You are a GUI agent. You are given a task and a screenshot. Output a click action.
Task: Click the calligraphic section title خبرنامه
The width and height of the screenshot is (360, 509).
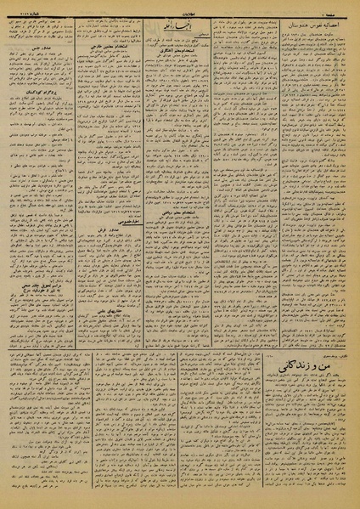182,23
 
